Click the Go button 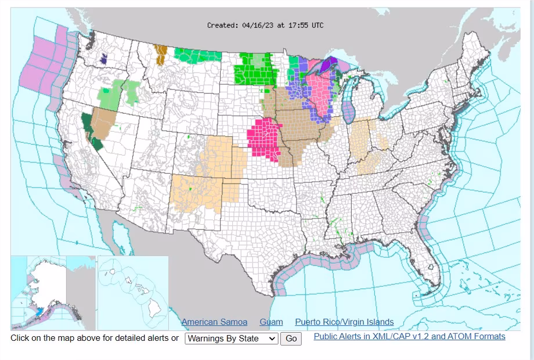click(x=291, y=339)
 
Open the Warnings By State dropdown click(x=232, y=339)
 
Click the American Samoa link click(x=214, y=322)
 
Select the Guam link click(x=271, y=322)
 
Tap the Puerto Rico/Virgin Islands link click(x=344, y=322)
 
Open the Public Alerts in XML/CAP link click(x=409, y=336)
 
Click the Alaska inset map click(x=52, y=293)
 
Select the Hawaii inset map click(x=133, y=293)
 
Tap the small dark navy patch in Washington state click(x=104, y=58)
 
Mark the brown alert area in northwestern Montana click(x=161, y=54)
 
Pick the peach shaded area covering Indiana click(x=361, y=139)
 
